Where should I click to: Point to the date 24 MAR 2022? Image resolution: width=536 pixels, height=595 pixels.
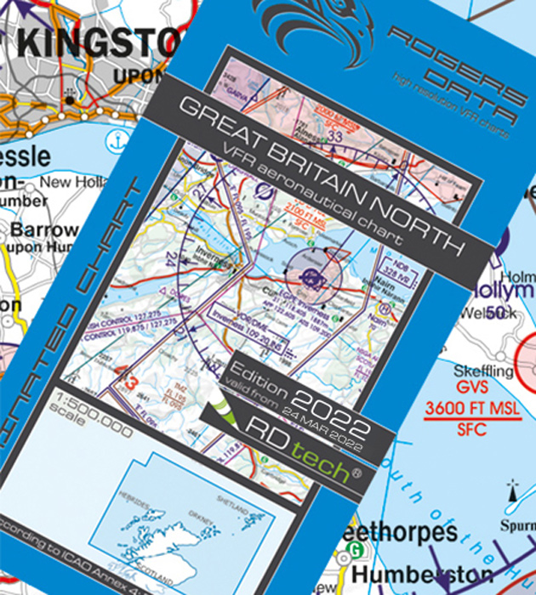pyautogui.click(x=320, y=429)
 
